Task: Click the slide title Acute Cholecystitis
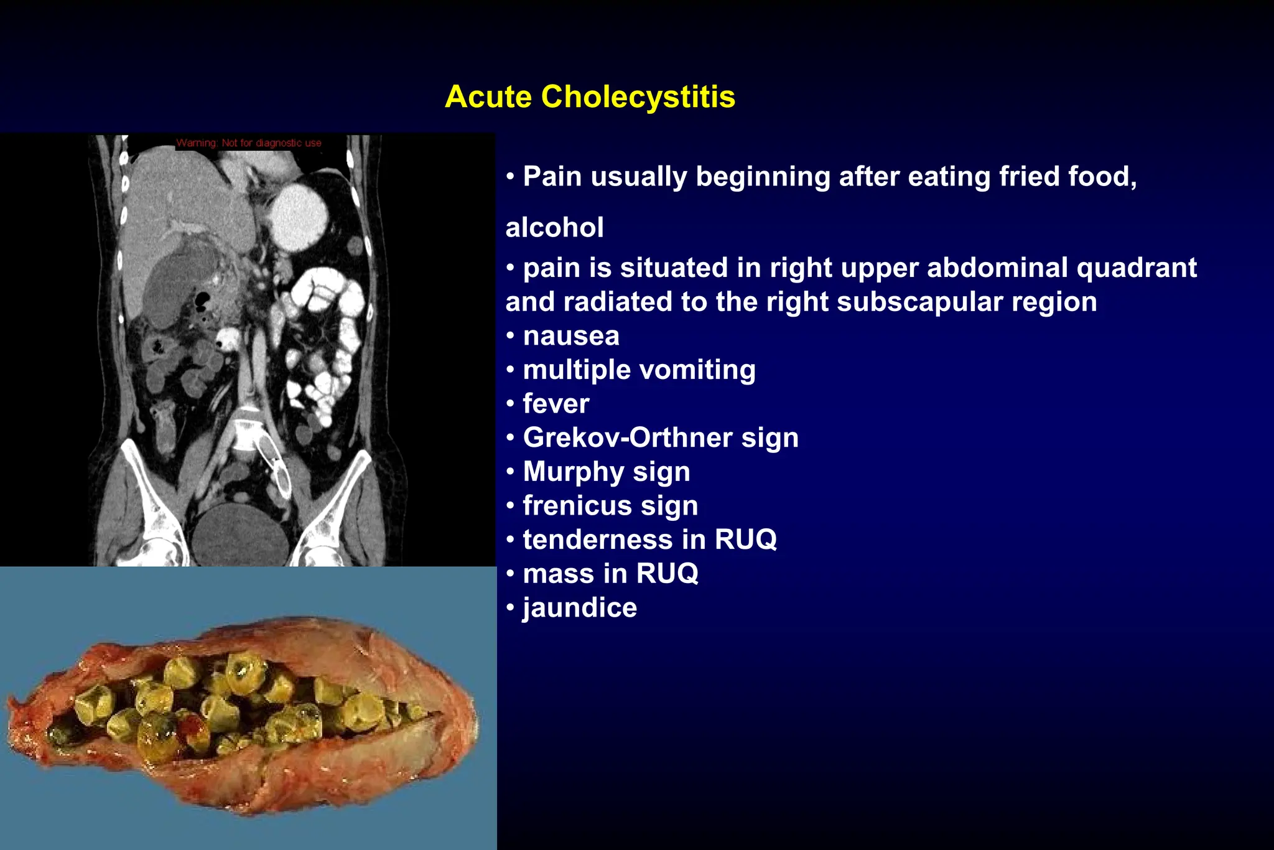(590, 97)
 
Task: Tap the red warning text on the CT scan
(249, 143)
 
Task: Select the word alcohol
(554, 227)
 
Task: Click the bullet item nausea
(571, 336)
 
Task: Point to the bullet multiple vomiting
(639, 370)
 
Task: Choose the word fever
(556, 404)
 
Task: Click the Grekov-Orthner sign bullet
(661, 437)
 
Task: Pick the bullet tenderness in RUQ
(649, 539)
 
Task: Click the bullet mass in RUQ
(610, 573)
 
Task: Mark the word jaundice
(580, 607)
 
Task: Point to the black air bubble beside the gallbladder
(202, 302)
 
